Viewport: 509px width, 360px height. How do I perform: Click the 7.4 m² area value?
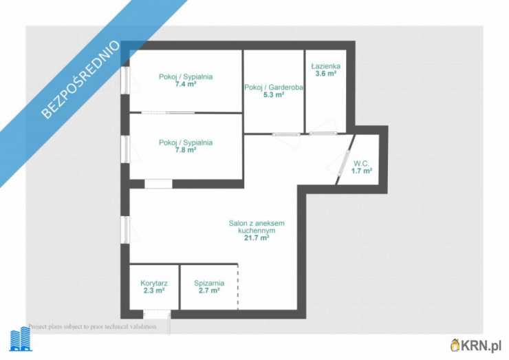[185, 85]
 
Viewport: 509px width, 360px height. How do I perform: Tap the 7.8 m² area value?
[185, 150]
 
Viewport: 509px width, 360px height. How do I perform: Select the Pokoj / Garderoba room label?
[274, 87]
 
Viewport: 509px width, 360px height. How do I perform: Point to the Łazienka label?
[325, 66]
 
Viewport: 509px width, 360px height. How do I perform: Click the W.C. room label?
[361, 163]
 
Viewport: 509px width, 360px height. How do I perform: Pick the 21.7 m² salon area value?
[257, 238]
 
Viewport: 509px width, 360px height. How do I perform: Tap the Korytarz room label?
[154, 284]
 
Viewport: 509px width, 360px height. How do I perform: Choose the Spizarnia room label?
[209, 284]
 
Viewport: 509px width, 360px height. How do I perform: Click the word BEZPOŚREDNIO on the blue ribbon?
[81, 79]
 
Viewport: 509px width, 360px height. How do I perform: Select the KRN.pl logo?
[476, 345]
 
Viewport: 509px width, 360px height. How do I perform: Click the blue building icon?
[21, 339]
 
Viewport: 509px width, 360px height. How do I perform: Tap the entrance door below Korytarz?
[157, 314]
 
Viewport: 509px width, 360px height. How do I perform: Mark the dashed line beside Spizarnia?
[238, 287]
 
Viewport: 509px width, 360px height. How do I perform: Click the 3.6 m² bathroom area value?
[325, 74]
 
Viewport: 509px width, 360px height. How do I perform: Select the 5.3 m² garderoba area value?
[274, 95]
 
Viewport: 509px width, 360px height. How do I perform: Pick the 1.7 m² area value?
[361, 171]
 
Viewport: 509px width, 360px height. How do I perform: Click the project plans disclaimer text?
[92, 326]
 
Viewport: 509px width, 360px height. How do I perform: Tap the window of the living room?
[125, 229]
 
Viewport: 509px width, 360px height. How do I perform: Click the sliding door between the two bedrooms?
[169, 113]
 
